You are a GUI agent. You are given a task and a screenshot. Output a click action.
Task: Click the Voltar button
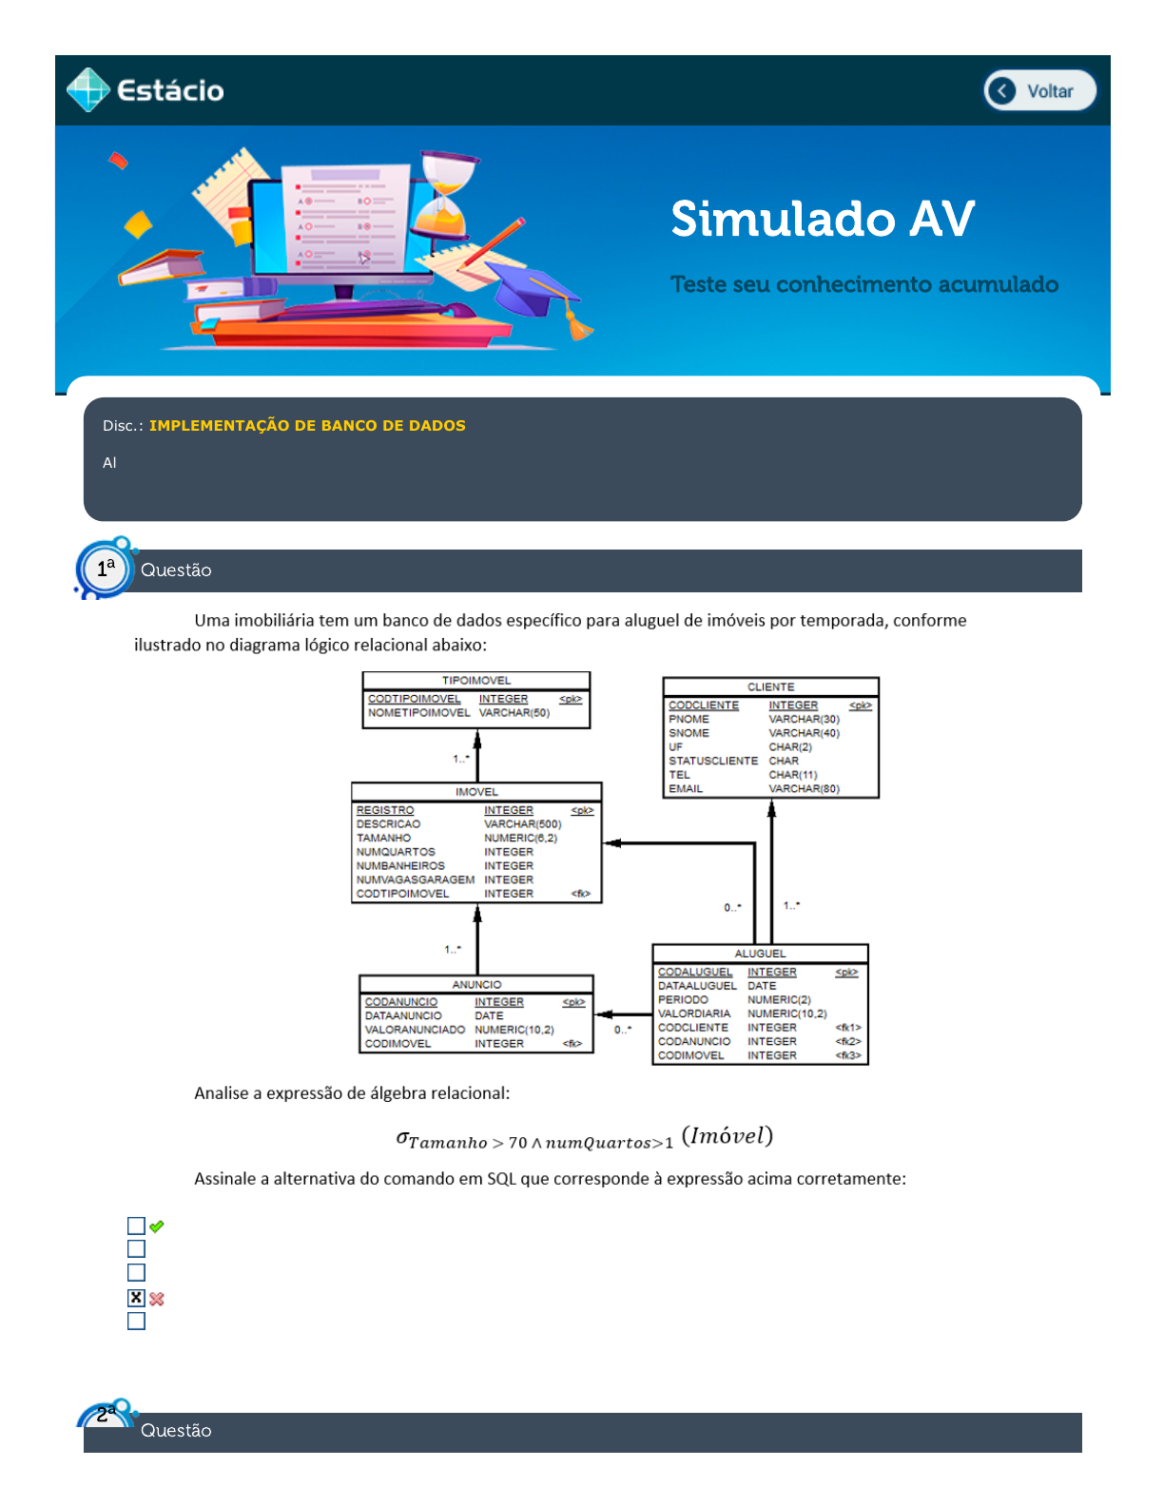(1039, 91)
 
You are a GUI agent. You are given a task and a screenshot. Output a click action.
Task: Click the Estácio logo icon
(88, 90)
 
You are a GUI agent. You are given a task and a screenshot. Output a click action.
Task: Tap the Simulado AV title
(823, 219)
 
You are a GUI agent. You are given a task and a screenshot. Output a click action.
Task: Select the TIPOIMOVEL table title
(476, 681)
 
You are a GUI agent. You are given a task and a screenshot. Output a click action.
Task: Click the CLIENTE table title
(770, 686)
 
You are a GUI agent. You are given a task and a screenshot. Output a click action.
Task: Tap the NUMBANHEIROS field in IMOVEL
(400, 866)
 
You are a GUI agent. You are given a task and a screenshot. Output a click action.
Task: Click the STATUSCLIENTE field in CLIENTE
(713, 761)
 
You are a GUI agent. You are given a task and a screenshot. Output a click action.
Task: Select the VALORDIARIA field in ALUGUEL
(694, 1014)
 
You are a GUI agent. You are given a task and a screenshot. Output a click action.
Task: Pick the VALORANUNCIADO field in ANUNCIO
(415, 1030)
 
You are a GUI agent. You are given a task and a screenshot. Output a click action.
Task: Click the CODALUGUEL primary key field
(695, 972)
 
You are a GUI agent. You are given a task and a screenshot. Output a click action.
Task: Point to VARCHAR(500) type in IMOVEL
(522, 824)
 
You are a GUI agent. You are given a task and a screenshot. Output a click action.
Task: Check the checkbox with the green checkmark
(137, 1226)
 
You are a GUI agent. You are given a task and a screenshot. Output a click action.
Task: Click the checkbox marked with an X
(137, 1298)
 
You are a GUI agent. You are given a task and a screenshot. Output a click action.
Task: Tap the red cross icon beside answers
(157, 1299)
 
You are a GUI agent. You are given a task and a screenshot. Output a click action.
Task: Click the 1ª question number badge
(105, 569)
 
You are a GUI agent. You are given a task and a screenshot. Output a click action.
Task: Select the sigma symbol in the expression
(402, 1137)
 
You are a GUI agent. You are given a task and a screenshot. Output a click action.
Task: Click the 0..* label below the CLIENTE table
(732, 908)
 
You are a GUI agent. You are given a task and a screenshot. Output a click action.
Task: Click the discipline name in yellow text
(307, 426)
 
